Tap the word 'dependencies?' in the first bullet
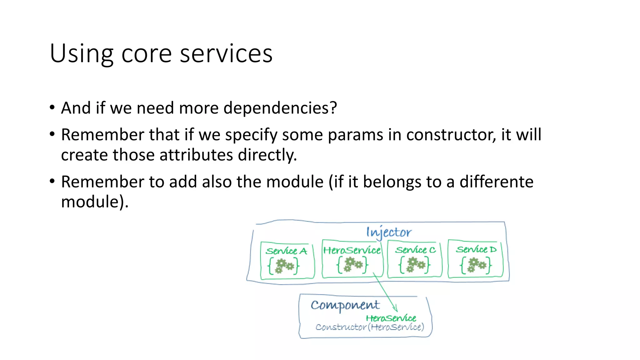(x=280, y=108)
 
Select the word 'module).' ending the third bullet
(x=95, y=202)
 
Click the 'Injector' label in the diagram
(x=389, y=232)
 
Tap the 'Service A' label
(x=286, y=251)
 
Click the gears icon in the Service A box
(x=284, y=266)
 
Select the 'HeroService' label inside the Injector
(x=352, y=250)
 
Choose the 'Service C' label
(x=415, y=250)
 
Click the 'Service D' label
(x=476, y=249)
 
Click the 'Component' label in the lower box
(x=345, y=305)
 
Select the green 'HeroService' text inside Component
(x=391, y=318)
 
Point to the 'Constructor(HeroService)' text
(x=370, y=327)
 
